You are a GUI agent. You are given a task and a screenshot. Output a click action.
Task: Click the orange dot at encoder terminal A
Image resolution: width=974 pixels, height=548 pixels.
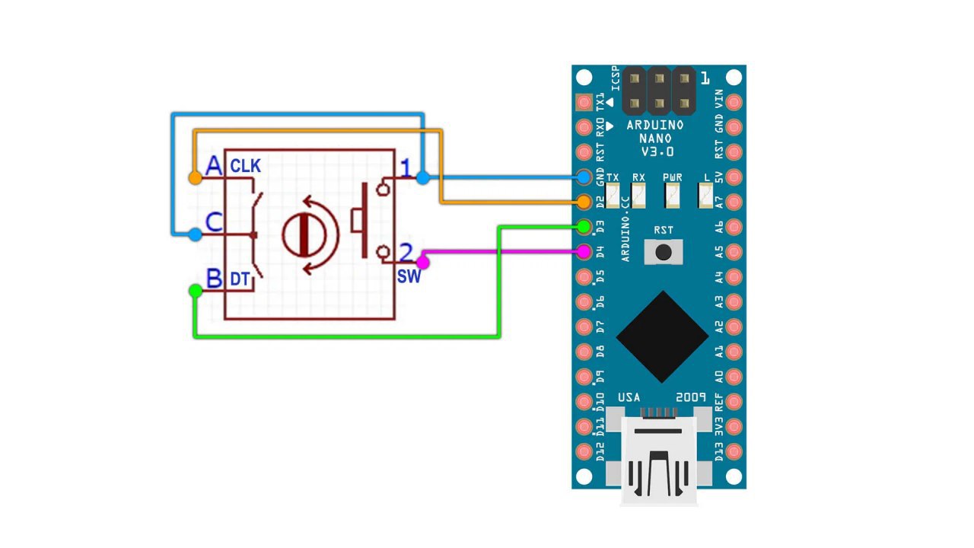coord(196,177)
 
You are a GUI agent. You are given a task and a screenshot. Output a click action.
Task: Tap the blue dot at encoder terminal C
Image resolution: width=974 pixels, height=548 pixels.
coord(196,235)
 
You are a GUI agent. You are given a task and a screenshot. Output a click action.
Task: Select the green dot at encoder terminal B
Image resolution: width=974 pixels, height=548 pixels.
coord(196,291)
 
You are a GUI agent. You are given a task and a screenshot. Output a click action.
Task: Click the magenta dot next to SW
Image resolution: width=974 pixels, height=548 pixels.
coord(422,263)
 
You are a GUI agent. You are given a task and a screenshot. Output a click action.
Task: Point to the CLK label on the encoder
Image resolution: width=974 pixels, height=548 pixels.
coord(245,166)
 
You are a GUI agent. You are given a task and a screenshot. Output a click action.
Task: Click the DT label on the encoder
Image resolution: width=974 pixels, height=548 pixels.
coord(240,279)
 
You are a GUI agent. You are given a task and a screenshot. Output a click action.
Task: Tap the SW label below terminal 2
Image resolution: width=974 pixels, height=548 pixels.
coord(409,276)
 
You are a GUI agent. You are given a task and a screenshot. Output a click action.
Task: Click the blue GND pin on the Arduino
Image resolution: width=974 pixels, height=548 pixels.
coord(584,177)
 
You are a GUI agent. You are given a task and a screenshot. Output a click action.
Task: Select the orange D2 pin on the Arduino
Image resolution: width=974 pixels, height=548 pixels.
coord(584,202)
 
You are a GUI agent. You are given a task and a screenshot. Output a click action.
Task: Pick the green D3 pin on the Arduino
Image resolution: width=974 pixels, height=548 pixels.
coord(584,227)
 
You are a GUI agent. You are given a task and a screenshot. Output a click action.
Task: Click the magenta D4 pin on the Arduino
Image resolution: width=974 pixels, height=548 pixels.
coord(584,251)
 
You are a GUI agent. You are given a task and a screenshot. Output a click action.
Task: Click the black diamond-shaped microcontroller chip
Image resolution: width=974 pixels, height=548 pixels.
coord(662,336)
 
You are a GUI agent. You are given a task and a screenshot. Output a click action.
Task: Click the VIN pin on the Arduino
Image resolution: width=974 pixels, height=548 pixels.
coord(734,102)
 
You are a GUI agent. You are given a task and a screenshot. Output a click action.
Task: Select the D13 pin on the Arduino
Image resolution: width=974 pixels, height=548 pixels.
coord(734,451)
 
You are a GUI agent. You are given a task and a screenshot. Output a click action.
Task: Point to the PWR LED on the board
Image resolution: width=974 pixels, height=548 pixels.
coord(672,196)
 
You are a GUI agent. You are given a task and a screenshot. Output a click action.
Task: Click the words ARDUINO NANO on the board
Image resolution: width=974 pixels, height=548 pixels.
coord(655,132)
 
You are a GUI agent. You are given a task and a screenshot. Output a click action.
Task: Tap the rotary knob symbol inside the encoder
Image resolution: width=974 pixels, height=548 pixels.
coord(304,236)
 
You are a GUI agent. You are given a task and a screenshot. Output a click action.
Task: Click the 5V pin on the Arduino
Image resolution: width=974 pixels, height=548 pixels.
coord(734,177)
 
